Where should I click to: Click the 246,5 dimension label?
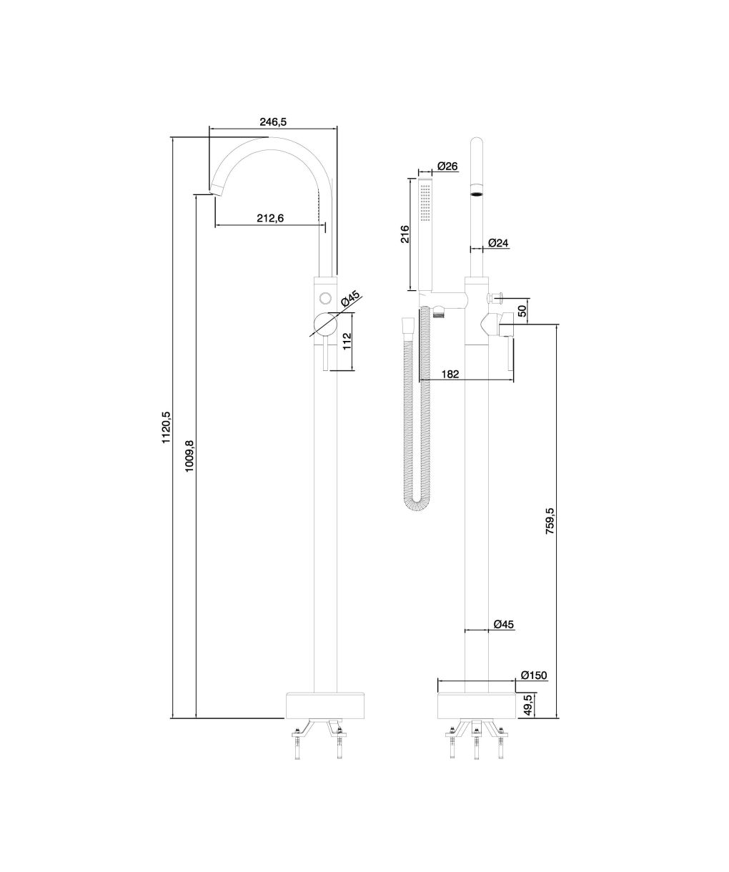[273, 122]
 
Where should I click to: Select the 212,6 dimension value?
[270, 218]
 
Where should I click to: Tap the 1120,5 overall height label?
[167, 427]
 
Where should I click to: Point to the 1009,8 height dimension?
[189, 456]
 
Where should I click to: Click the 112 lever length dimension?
[347, 342]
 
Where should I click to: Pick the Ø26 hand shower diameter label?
[447, 167]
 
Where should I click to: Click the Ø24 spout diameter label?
[499, 242]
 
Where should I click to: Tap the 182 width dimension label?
[450, 374]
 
